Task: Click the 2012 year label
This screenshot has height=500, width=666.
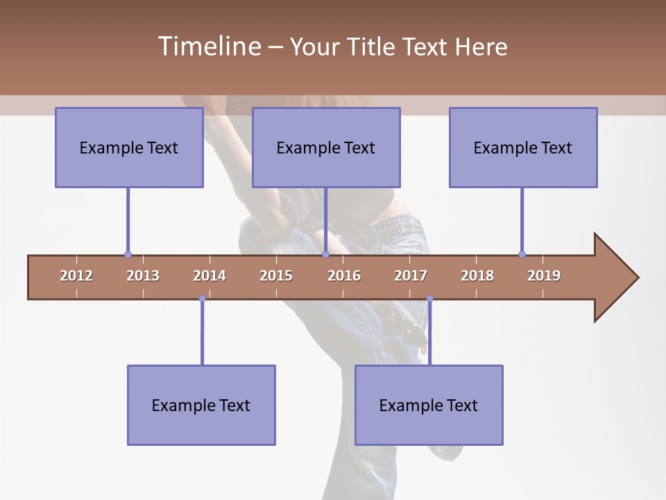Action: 76,276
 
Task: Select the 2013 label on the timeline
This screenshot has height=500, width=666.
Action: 143,276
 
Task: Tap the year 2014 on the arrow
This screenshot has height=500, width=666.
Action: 210,276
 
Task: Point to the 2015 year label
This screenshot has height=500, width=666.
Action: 276,276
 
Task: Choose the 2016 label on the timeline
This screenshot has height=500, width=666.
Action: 344,276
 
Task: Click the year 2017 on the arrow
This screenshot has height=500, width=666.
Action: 411,276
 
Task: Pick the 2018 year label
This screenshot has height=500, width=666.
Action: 477,276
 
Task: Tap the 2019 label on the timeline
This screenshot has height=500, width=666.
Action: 544,276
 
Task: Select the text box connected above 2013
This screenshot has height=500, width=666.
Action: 129,147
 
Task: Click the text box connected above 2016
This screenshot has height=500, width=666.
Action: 326,147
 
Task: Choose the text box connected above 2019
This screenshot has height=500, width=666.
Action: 523,147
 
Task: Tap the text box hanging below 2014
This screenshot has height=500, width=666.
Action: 201,405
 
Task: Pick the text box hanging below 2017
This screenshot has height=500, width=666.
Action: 429,405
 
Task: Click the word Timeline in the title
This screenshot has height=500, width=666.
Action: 208,47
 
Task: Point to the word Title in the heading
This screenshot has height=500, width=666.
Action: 373,47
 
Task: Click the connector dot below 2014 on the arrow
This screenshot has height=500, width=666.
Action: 202,299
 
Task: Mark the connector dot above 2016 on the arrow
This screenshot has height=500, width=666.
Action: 325,254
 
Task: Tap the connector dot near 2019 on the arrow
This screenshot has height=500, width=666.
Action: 522,254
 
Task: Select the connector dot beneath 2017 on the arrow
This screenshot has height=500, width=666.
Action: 429,299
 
